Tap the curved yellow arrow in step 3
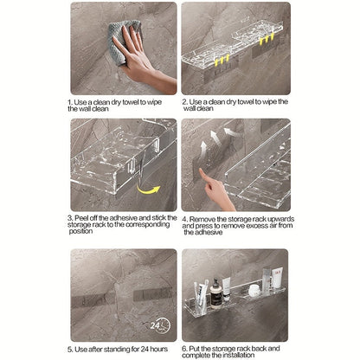[x=148, y=190]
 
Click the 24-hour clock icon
[x=160, y=325]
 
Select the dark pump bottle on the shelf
[x=215, y=293]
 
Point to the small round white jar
[x=254, y=291]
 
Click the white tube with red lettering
[x=278, y=278]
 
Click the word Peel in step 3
[x=81, y=218]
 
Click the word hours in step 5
[x=158, y=349]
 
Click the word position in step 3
[x=80, y=231]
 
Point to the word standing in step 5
[x=117, y=349]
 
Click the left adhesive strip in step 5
[x=89, y=301]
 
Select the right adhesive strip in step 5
[x=152, y=293]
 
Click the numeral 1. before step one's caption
[x=70, y=102]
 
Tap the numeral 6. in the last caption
[x=184, y=349]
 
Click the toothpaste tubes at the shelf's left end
[x=201, y=295]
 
